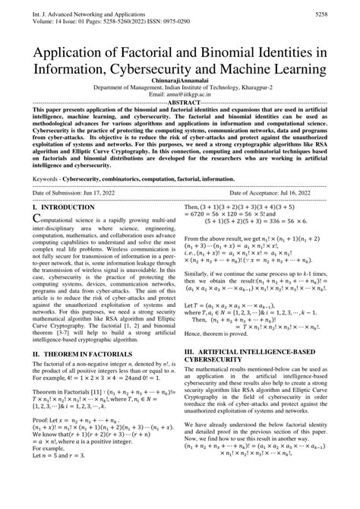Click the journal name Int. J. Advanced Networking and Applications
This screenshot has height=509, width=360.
[85, 13]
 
